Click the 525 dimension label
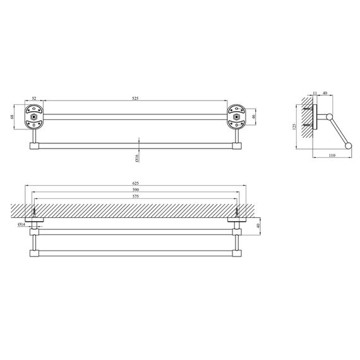click(135, 99)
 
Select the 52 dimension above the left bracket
click(34, 99)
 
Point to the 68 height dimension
click(12, 117)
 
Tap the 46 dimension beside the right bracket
click(253, 117)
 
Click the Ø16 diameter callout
click(137, 158)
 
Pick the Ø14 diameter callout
click(21, 224)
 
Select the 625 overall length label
click(136, 183)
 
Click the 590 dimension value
click(136, 189)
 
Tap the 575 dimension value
click(136, 196)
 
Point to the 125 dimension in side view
click(294, 127)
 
